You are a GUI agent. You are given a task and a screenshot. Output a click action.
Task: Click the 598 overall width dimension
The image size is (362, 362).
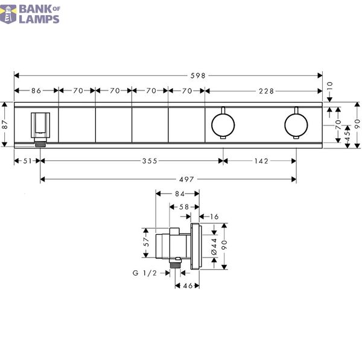198,76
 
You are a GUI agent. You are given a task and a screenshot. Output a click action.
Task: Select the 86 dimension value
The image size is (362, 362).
36,91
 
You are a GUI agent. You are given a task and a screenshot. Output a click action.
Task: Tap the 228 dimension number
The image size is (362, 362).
266,91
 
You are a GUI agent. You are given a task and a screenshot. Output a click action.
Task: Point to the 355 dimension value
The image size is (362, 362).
150,161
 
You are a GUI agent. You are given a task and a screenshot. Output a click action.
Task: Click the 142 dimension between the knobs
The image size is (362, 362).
261,161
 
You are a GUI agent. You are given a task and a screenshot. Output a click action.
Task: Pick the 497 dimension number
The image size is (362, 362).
186,179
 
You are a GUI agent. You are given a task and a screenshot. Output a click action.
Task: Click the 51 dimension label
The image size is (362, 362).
27,161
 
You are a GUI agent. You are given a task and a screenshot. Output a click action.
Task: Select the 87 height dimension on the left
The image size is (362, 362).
5,125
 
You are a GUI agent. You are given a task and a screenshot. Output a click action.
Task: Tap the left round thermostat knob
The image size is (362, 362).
223,125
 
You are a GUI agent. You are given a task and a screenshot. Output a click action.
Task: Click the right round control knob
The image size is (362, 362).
296,125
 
